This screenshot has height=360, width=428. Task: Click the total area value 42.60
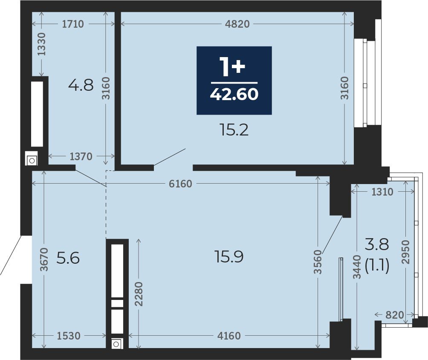[x=234, y=94]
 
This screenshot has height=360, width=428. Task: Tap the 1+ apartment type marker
[x=233, y=67]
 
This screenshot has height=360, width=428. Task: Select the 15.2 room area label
[x=234, y=130]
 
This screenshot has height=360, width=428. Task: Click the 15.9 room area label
[x=229, y=256]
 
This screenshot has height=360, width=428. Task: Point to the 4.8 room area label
[x=81, y=85]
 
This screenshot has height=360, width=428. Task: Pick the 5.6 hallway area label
[x=68, y=258]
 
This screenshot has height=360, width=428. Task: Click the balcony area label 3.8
[x=377, y=244]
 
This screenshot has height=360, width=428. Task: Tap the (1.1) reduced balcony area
[x=377, y=265]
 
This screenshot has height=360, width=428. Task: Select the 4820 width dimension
[x=237, y=24]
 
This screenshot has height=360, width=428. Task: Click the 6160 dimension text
[x=180, y=184]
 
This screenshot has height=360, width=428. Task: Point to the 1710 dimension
[x=73, y=24]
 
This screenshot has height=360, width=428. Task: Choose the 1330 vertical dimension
[x=41, y=44]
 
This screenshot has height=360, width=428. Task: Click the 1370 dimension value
[x=81, y=156]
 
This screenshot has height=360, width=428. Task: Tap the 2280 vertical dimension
[x=139, y=294]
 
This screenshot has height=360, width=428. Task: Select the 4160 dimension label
[x=229, y=336]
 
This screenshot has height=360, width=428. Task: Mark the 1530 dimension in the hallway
[x=69, y=336]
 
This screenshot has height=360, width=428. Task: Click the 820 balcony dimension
[x=395, y=315]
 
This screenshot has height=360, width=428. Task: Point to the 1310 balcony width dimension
[x=382, y=192]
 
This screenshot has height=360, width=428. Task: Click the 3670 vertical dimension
[x=44, y=259]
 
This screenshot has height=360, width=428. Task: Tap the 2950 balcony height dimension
[x=406, y=252]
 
